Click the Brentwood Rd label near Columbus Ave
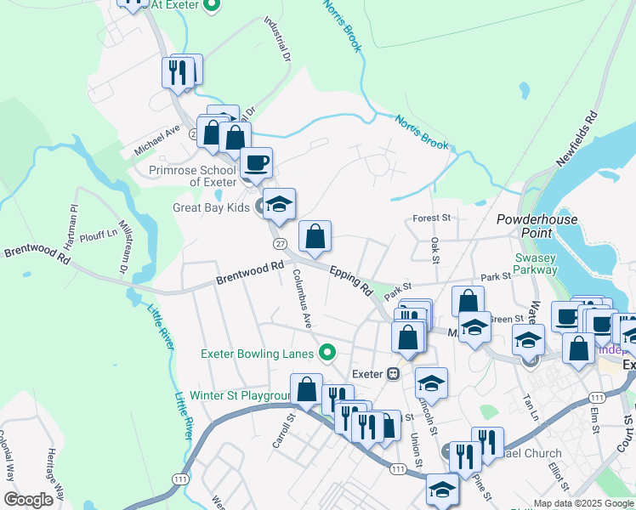249,273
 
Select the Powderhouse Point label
537,226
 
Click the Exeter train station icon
393,373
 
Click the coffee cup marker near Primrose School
255,161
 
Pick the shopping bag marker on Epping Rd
315,237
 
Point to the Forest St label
430,218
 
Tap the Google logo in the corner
28,500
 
